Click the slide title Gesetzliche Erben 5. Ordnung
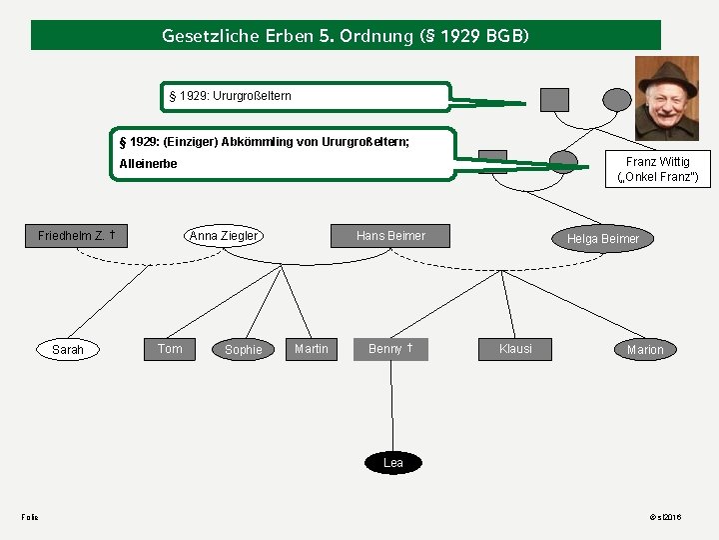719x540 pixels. point(346,36)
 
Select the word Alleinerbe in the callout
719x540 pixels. point(148,163)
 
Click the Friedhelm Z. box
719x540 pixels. point(77,236)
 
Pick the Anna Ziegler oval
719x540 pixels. point(224,236)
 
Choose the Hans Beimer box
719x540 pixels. point(390,236)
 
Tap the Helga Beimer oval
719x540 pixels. point(603,238)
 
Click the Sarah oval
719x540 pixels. point(68,350)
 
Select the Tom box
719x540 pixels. point(170,348)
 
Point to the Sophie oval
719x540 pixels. point(243,350)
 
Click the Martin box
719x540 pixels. point(312,348)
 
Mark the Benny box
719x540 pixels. point(390,348)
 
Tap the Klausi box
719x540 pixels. point(515,348)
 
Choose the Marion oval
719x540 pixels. point(644,350)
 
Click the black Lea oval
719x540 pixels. point(393,462)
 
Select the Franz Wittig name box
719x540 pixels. point(657,169)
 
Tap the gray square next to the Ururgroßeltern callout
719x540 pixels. point(554,99)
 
